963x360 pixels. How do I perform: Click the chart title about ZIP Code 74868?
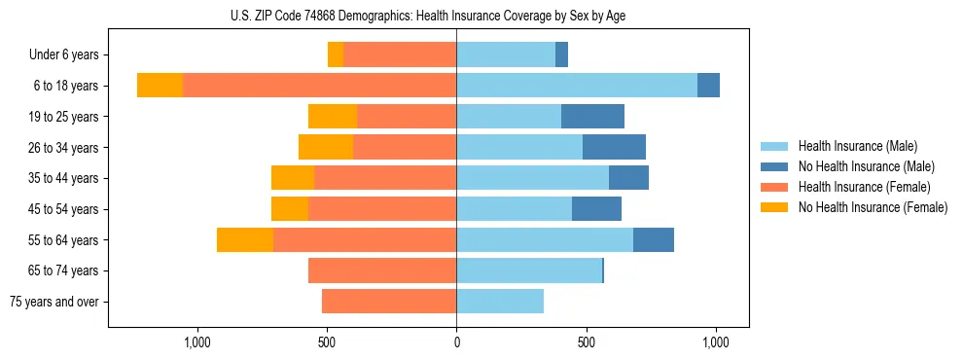[x=428, y=16]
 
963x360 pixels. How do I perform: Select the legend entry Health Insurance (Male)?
[x=857, y=146]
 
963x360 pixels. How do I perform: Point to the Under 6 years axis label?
[x=64, y=55]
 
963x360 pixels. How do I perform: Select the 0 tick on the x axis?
[x=456, y=342]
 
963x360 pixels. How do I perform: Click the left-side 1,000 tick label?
[x=197, y=342]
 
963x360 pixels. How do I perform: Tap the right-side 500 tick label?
[x=586, y=342]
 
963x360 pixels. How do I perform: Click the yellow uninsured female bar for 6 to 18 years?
[x=160, y=86]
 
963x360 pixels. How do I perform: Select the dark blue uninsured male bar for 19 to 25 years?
[x=592, y=117]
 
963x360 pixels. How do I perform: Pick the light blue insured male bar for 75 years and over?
[x=500, y=302]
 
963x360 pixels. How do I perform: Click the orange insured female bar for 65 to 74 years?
[x=382, y=270]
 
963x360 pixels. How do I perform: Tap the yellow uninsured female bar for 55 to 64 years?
[x=245, y=240]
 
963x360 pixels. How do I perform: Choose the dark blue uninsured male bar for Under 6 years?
[x=561, y=55]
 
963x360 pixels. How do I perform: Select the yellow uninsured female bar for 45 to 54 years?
[x=290, y=209]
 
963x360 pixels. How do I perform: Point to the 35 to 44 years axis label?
[x=64, y=178]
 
